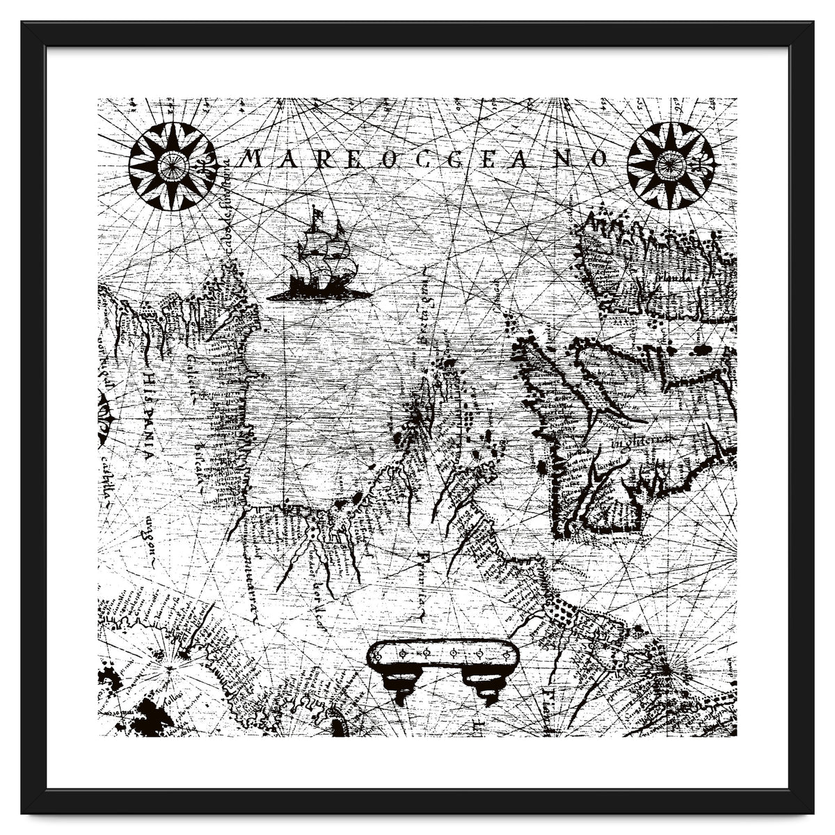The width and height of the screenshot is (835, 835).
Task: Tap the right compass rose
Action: pyautogui.click(x=669, y=166)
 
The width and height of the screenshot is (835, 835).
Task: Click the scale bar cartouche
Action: pyautogui.click(x=443, y=654)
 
